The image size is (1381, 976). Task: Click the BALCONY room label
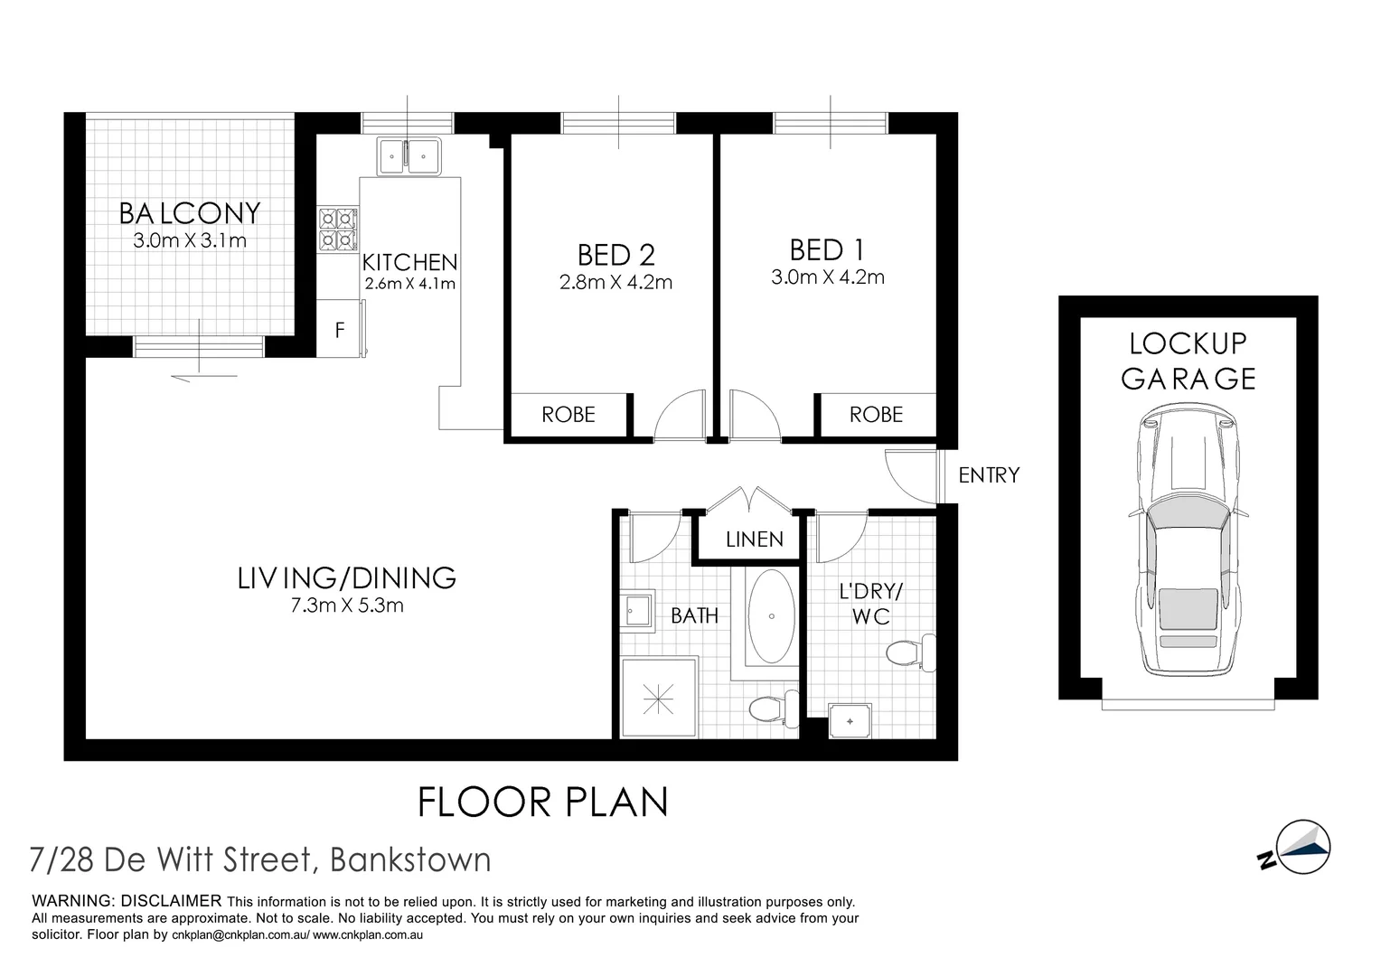click(x=190, y=213)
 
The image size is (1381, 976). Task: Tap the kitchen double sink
click(x=409, y=155)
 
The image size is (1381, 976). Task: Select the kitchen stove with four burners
click(x=337, y=229)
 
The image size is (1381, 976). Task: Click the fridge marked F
click(x=341, y=331)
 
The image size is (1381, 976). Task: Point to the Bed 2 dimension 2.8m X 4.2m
click(x=615, y=282)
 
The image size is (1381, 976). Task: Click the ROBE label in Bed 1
click(x=876, y=415)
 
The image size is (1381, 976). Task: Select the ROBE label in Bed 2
click(x=568, y=415)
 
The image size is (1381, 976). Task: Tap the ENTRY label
click(x=989, y=475)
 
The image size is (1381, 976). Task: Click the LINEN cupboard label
click(x=755, y=540)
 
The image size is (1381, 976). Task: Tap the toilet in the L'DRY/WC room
click(x=911, y=652)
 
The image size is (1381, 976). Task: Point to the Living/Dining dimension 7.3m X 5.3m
click(x=347, y=605)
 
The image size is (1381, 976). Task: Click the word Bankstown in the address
click(x=411, y=859)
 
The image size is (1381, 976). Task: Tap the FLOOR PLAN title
click(x=542, y=802)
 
